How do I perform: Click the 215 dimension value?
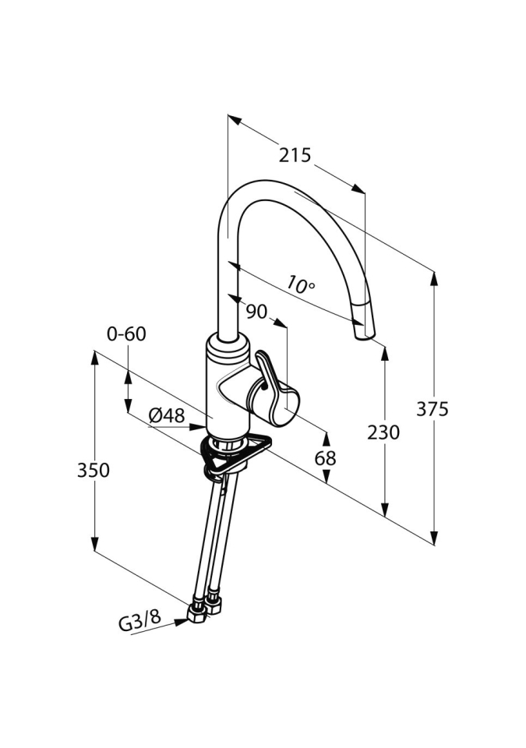click(x=295, y=155)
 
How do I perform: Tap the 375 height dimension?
click(x=432, y=408)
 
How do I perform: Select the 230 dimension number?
click(x=383, y=432)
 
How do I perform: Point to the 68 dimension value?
click(x=326, y=458)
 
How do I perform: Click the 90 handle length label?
click(x=256, y=312)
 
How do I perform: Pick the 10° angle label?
click(x=300, y=284)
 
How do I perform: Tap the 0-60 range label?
click(x=126, y=334)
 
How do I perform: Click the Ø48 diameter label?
click(x=167, y=415)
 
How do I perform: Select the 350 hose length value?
click(x=94, y=470)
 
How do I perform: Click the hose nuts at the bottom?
click(x=204, y=606)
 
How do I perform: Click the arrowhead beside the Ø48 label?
click(x=199, y=426)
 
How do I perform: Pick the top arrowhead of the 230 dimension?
click(x=384, y=351)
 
